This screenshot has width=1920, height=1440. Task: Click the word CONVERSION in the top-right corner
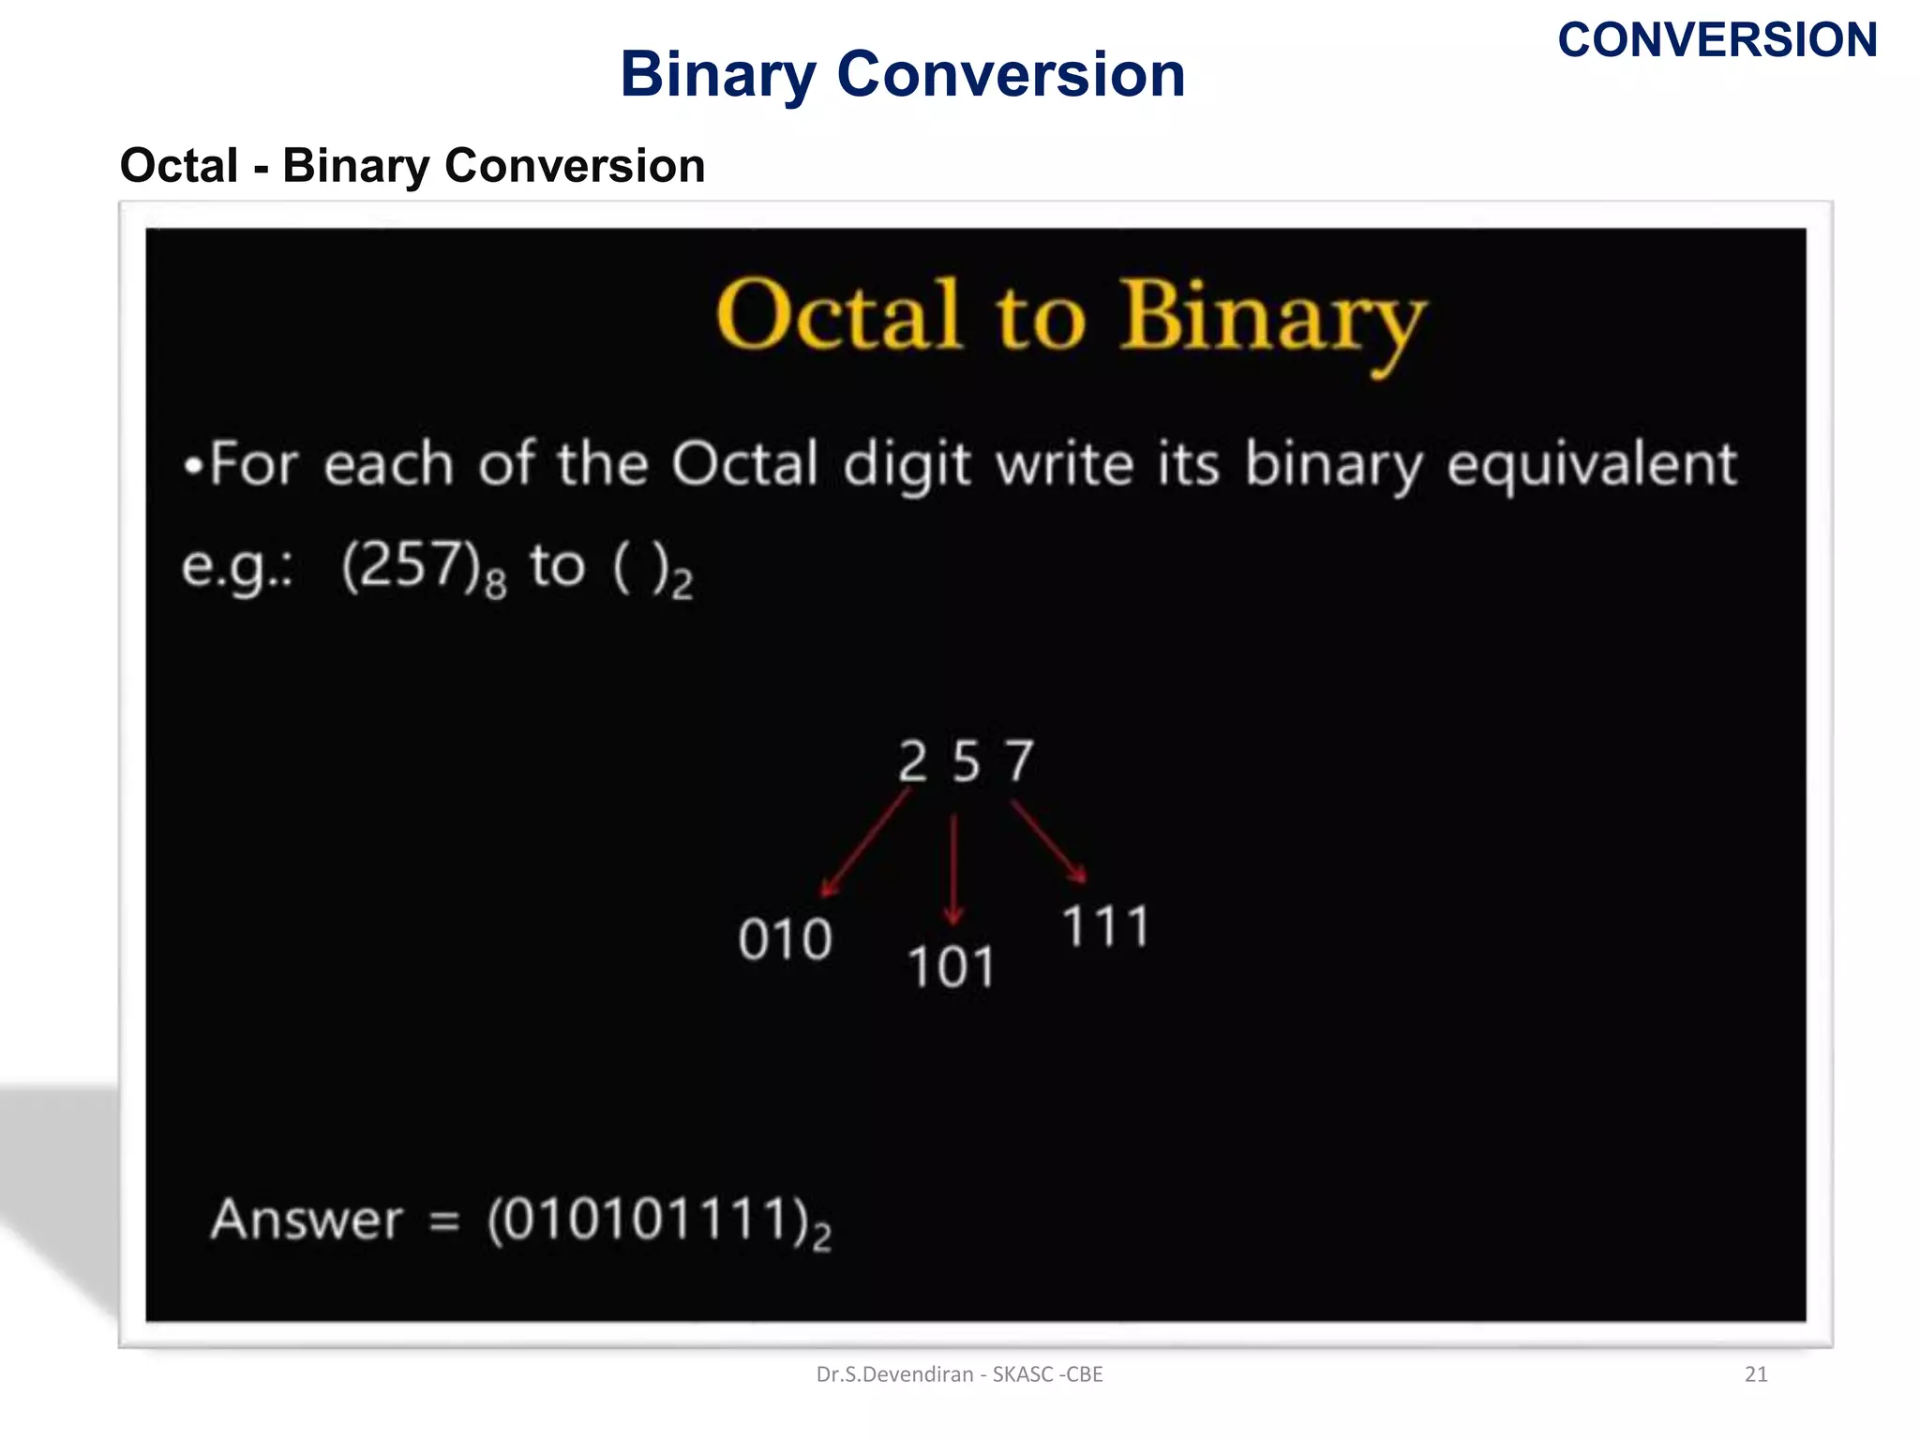coord(1717,40)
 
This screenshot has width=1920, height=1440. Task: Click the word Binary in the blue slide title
coord(717,75)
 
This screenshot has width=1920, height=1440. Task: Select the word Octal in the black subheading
coord(179,166)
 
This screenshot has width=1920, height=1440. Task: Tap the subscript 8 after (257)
coord(496,585)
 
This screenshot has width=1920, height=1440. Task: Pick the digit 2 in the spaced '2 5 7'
coord(912,761)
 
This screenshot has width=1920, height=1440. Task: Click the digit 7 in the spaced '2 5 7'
coord(1019,761)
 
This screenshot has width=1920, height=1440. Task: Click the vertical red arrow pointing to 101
coord(953,869)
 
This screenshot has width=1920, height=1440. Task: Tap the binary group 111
coord(1105,927)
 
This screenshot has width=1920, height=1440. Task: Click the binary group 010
coord(785,939)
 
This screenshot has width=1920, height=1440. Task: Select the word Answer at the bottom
coord(307,1220)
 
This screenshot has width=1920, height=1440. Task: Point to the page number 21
coord(1755,1374)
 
